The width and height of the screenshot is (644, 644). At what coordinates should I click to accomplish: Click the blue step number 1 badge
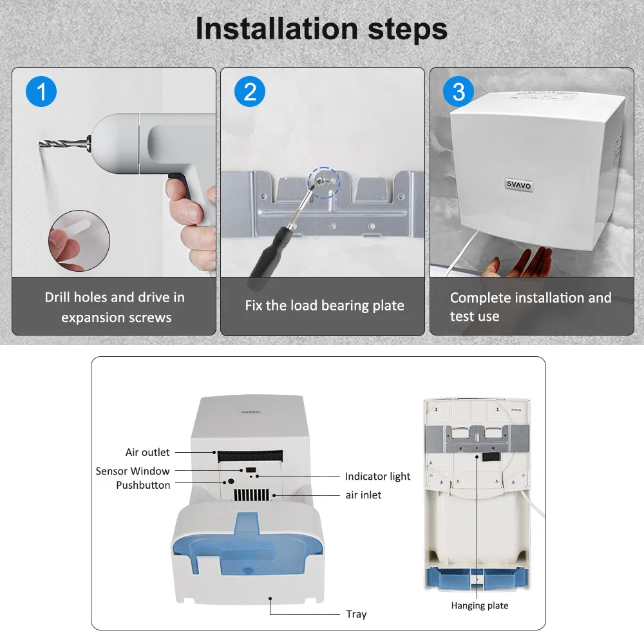coord(42,91)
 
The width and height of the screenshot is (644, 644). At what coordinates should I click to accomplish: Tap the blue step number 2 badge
coord(250,91)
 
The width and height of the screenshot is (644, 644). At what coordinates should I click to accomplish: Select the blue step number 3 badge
coord(459,91)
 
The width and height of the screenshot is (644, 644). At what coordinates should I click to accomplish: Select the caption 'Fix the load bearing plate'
coord(325,305)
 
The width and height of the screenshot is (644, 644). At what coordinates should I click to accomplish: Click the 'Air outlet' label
coord(147,453)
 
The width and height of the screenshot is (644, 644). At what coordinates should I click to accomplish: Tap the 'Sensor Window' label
coord(133,471)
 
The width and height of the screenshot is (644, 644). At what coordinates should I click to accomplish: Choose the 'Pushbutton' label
coord(143,485)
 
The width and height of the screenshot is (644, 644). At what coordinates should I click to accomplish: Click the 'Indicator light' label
coord(377,477)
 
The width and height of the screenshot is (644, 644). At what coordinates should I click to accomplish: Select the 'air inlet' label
coord(363,495)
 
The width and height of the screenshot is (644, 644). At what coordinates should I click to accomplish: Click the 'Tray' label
coord(355,614)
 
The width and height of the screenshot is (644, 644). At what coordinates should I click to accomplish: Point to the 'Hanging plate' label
coord(479,605)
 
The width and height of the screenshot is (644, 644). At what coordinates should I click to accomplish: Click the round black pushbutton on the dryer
coord(228,482)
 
